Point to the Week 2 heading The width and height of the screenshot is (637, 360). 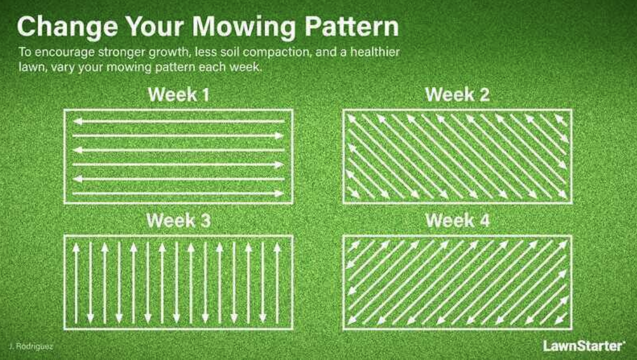pyautogui.click(x=457, y=95)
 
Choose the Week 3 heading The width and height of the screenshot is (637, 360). pyautogui.click(x=178, y=221)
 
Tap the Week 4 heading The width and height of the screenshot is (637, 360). pyautogui.click(x=457, y=221)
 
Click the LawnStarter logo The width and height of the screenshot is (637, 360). pyautogui.click(x=584, y=346)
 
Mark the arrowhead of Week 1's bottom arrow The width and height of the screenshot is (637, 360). pyautogui.click(x=280, y=193)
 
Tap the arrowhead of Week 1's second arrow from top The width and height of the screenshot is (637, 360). pyautogui.click(x=280, y=135)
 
